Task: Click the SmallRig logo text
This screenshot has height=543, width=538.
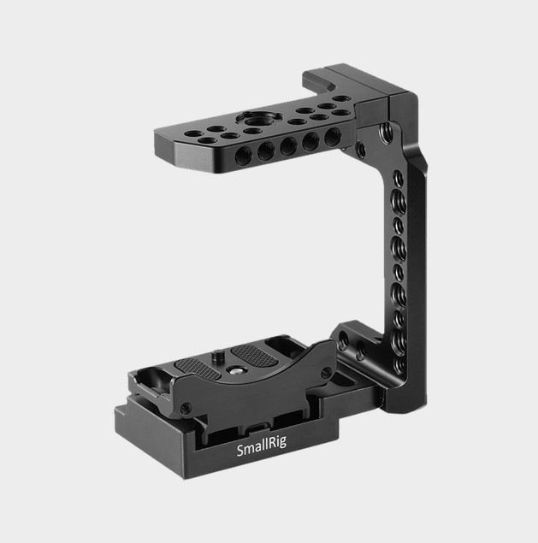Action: click(262, 446)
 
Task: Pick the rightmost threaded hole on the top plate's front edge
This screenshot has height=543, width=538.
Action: click(333, 136)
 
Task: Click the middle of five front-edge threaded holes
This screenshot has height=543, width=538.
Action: click(288, 145)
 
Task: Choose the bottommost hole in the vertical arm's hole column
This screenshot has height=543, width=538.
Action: click(399, 364)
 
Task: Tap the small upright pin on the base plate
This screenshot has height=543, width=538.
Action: click(217, 356)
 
